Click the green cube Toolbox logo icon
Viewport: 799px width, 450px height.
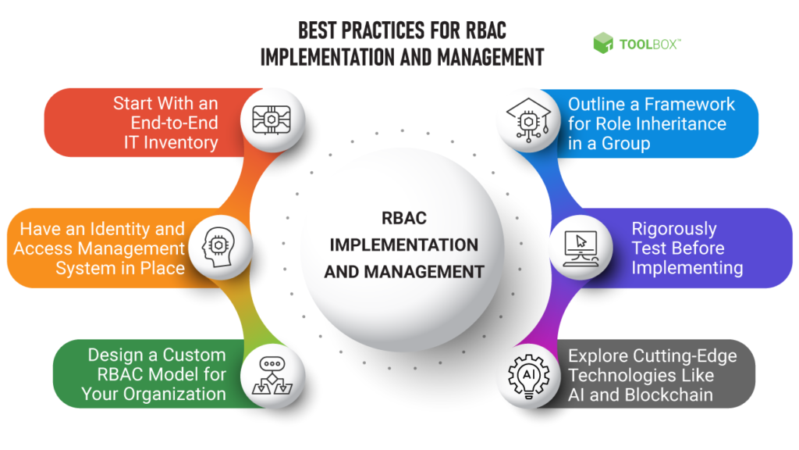pos(604,43)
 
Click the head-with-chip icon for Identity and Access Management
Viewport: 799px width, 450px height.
pos(218,245)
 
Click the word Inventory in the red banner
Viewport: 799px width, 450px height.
pos(179,142)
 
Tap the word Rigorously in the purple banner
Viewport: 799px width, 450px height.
pos(674,229)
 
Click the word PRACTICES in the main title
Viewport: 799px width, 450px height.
pos(379,31)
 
